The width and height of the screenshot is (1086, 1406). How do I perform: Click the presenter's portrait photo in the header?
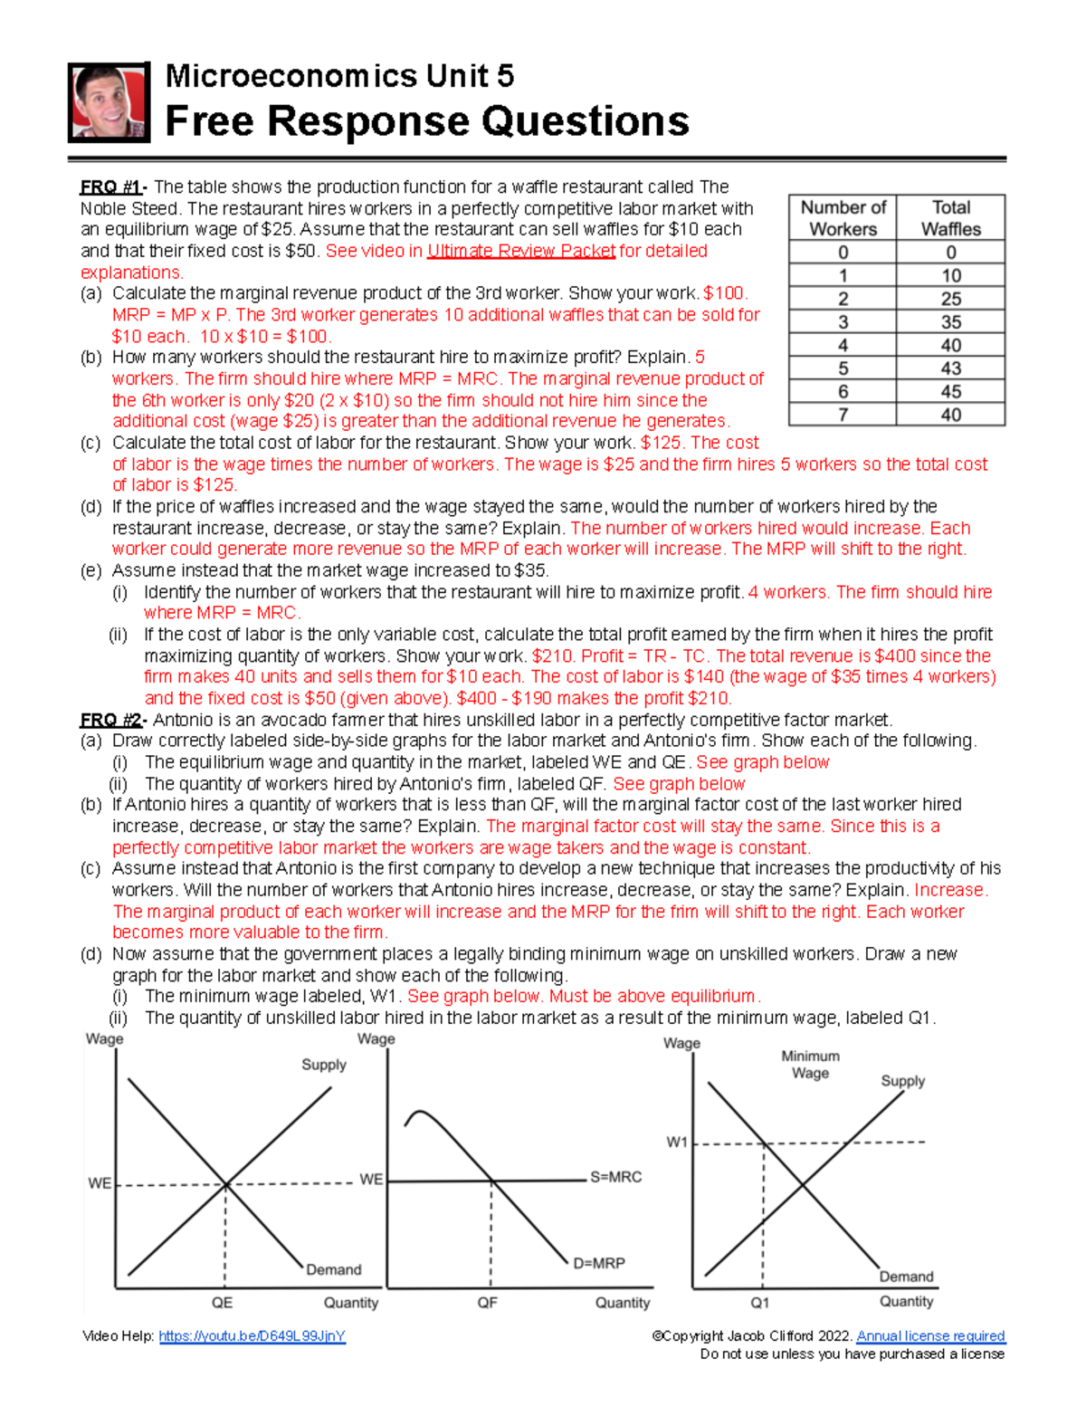tap(109, 102)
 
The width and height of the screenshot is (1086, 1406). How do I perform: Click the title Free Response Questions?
tap(426, 121)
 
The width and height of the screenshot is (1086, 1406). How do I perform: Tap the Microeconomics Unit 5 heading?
tap(339, 76)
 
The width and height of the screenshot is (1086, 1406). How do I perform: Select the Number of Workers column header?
tap(843, 218)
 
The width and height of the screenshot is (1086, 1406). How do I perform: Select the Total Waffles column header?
tap(950, 218)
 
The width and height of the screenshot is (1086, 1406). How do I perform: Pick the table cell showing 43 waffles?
tap(950, 368)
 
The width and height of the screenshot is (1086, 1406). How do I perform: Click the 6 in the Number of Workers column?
tap(843, 392)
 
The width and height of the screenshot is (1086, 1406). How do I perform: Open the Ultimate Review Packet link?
tap(521, 251)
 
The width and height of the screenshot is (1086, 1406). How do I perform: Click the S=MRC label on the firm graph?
tap(615, 1177)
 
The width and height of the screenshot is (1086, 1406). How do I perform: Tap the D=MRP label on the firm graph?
tap(599, 1263)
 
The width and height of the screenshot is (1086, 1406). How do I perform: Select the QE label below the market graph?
tap(222, 1303)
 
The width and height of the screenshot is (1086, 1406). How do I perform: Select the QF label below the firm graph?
tap(488, 1303)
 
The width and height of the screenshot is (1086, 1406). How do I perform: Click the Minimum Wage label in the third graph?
tap(810, 1065)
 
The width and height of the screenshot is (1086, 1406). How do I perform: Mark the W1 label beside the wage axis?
tap(677, 1143)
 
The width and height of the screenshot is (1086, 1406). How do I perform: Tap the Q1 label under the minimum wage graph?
tap(760, 1303)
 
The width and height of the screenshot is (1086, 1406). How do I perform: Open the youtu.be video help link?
tap(252, 1336)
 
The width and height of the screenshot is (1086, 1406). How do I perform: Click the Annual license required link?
tap(930, 1336)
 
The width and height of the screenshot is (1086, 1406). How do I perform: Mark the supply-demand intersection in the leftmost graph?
tap(225, 1183)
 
